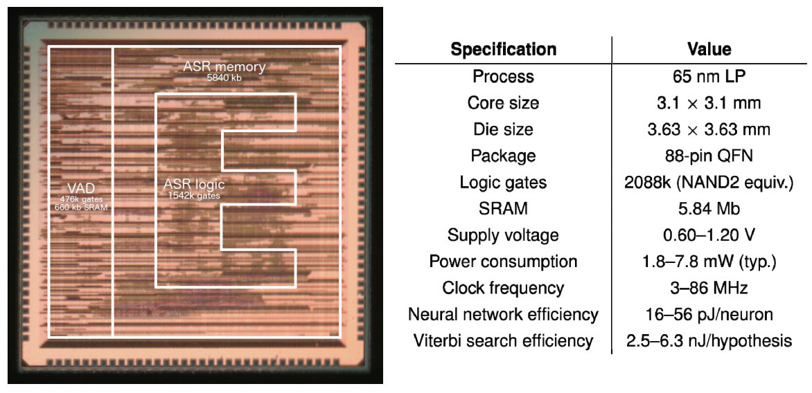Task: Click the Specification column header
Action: tap(503, 50)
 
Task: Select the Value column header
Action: tap(709, 50)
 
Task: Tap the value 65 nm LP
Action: tap(709, 76)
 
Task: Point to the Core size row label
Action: tap(503, 103)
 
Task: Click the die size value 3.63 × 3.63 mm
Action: tap(709, 129)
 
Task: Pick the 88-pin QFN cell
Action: tap(709, 156)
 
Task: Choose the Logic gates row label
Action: tap(503, 183)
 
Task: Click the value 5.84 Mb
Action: tap(709, 209)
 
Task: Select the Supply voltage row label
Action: tap(503, 235)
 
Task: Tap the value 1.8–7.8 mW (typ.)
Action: tap(709, 262)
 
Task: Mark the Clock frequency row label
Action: tap(503, 288)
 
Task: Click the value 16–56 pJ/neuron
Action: tap(709, 315)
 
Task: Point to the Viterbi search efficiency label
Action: tap(503, 341)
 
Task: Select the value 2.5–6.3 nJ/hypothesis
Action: tap(709, 341)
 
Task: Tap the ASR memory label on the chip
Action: tap(224, 67)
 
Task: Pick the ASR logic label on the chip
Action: tap(194, 185)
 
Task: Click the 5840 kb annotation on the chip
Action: tap(224, 77)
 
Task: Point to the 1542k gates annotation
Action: tap(193, 196)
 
